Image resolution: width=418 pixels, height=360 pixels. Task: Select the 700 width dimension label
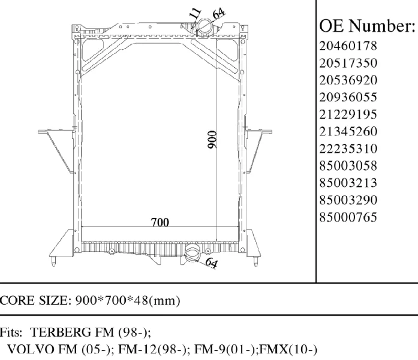(x=160, y=222)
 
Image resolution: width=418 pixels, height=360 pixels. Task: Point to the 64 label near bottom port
(x=210, y=262)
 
